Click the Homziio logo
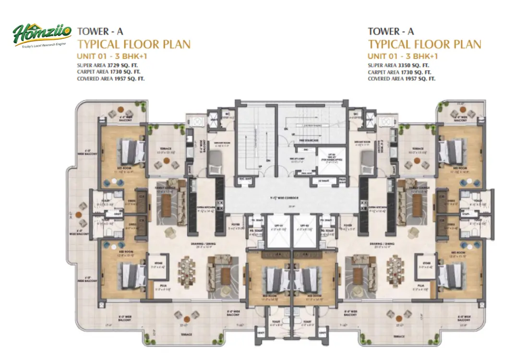tap(42, 36)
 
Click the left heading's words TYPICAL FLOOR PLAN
tap(134, 45)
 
